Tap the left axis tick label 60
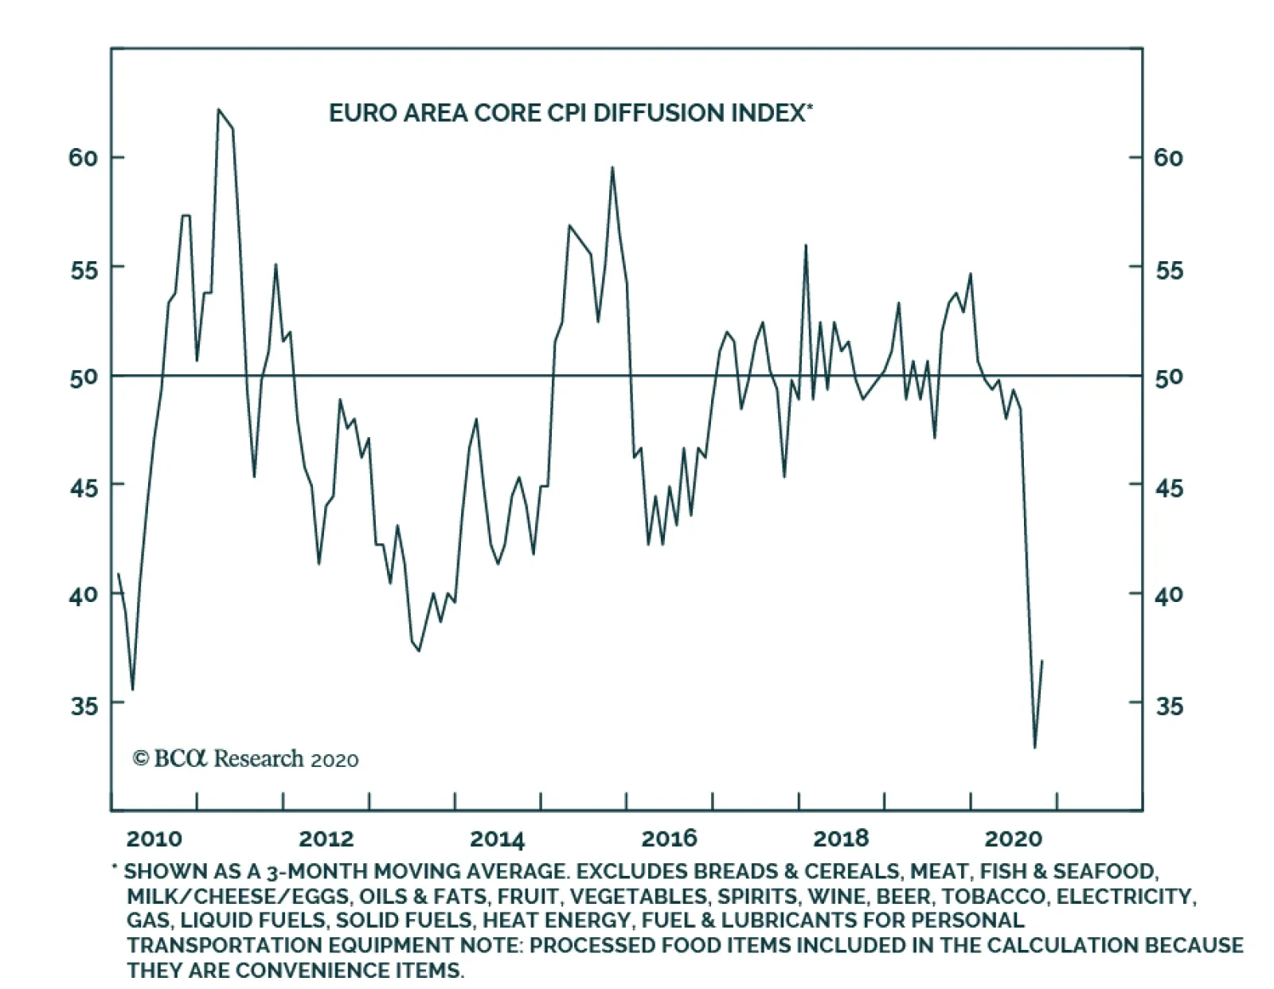pos(83,158)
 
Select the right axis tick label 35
pos(1168,706)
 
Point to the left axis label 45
pos(83,487)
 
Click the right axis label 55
pos(1168,270)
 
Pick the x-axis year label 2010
pos(154,838)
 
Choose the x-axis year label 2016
pos(669,838)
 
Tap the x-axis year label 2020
pos(1013,838)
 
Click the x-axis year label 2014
pos(497,838)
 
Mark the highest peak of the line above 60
pos(218,110)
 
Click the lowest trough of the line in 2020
pos(1034,747)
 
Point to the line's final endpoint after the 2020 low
pos(1042,661)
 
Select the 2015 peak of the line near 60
pos(612,167)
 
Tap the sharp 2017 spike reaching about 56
pos(806,245)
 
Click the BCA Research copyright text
pos(245,759)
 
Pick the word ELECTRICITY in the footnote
pos(1125,897)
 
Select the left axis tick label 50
pos(83,377)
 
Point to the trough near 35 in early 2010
pos(132,689)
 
